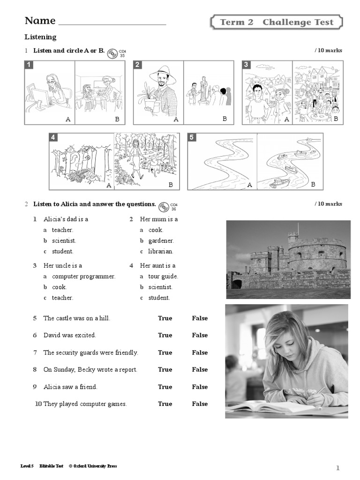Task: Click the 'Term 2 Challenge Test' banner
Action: pyautogui.click(x=277, y=22)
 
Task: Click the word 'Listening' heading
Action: pyautogui.click(x=40, y=37)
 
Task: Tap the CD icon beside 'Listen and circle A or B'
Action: pyautogui.click(x=112, y=54)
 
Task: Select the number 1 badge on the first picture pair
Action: pyautogui.click(x=29, y=65)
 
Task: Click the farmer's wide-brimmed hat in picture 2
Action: pyautogui.click(x=163, y=74)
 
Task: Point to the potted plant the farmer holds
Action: pyautogui.click(x=146, y=98)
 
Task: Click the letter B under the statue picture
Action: pyautogui.click(x=225, y=119)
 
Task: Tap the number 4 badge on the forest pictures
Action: pyautogui.click(x=53, y=137)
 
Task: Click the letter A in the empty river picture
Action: pyautogui.click(x=249, y=185)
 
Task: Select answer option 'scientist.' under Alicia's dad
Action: pyautogui.click(x=64, y=240)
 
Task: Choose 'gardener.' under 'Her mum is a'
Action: pyautogui.click(x=161, y=241)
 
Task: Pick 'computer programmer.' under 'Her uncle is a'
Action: pyautogui.click(x=83, y=277)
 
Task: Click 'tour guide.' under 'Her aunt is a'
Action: pyautogui.click(x=163, y=277)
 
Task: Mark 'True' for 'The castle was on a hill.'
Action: pyautogui.click(x=165, y=318)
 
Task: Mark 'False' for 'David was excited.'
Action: pyautogui.click(x=200, y=335)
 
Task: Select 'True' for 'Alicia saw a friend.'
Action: pyautogui.click(x=165, y=387)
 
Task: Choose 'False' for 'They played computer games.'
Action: pyautogui.click(x=200, y=404)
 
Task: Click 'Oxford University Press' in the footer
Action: pyautogui.click(x=95, y=466)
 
